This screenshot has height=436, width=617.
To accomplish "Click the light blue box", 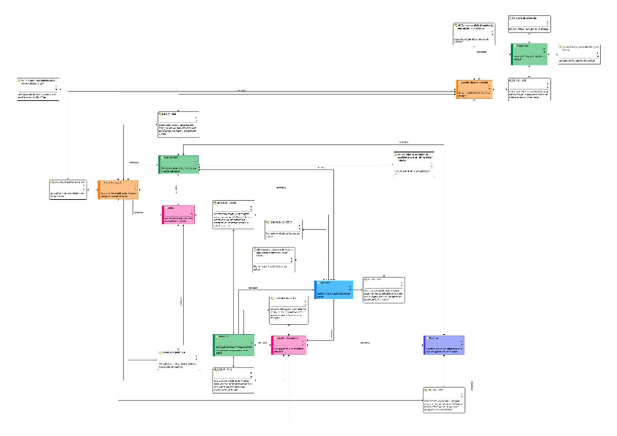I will click(x=334, y=289).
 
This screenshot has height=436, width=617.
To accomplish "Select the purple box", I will click(x=444, y=345).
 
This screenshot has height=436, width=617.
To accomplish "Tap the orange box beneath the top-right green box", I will click(x=474, y=89).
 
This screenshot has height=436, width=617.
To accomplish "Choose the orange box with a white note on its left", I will click(x=119, y=189).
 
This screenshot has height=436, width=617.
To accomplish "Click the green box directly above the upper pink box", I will click(x=178, y=164).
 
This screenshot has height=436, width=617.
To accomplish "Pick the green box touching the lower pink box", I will click(x=234, y=345).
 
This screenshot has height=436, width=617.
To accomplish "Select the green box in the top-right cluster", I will click(x=529, y=54).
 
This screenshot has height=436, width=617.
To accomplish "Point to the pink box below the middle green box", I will click(x=178, y=214).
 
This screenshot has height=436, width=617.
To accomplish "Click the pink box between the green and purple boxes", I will click(x=289, y=345).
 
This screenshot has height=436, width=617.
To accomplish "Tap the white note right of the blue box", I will click(x=383, y=290).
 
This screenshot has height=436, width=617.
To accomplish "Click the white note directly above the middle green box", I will click(x=178, y=124).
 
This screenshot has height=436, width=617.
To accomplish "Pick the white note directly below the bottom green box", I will click(x=234, y=380).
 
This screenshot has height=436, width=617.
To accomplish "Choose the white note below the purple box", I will click(x=443, y=400).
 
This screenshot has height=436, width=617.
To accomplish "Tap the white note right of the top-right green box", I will click(x=579, y=54).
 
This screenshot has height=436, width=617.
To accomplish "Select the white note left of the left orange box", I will click(x=68, y=189).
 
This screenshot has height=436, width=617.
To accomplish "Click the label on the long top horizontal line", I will click(x=241, y=90).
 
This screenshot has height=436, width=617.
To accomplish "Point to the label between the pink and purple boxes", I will click(x=365, y=342).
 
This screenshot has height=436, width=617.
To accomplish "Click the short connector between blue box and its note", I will click(x=358, y=290).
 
